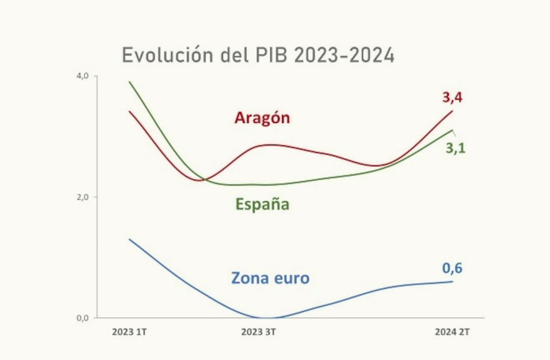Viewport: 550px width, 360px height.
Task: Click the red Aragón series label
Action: click(x=262, y=118)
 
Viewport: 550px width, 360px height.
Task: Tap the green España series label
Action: click(x=262, y=204)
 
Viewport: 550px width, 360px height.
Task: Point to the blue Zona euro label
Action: click(x=270, y=277)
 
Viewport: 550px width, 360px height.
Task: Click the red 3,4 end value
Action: click(x=452, y=97)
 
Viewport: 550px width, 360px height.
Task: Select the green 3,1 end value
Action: click(x=455, y=149)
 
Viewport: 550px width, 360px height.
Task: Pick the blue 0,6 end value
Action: click(x=452, y=268)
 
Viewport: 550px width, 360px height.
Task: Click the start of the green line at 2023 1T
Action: click(x=129, y=82)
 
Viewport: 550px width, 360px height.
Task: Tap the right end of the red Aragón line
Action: click(x=452, y=111)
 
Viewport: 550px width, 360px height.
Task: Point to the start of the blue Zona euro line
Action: click(x=129, y=239)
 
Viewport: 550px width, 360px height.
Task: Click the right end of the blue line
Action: click(x=452, y=281)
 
